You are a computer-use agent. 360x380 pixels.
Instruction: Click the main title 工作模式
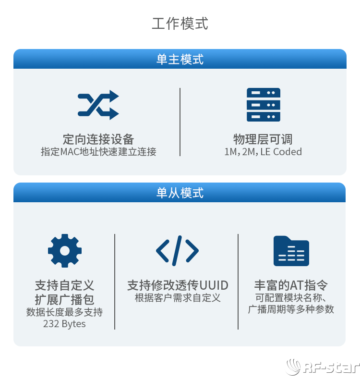(180, 24)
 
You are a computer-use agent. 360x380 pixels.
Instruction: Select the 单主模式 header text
(180, 60)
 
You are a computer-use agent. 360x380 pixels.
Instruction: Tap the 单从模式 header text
(180, 193)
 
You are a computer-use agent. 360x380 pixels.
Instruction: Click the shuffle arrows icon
(98, 105)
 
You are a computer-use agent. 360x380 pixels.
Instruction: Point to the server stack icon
(264, 105)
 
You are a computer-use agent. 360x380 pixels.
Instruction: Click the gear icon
(65, 251)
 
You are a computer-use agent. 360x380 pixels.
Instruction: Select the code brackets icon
(177, 251)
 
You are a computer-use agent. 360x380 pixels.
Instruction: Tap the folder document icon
(291, 251)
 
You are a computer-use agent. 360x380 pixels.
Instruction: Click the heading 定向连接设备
(98, 139)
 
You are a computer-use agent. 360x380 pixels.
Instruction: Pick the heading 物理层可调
(263, 139)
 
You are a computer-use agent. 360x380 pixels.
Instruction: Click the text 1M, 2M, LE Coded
(263, 152)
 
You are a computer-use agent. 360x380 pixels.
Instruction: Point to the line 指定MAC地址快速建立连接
(98, 152)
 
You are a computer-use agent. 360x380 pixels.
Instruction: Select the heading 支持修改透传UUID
(178, 285)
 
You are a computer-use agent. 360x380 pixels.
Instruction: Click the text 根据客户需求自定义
(178, 297)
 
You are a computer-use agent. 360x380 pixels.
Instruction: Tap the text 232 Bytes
(64, 324)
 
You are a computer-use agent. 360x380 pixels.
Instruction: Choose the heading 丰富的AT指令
(291, 285)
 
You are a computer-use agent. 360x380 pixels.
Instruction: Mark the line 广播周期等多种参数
(291, 309)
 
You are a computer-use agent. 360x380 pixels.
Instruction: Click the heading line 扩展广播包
(64, 300)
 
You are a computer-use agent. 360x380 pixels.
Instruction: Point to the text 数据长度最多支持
(64, 312)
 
